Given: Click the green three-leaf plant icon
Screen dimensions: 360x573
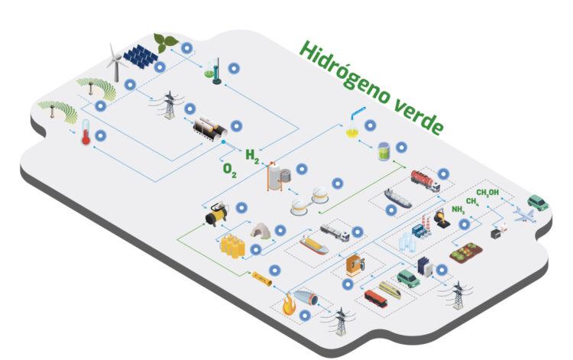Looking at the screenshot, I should [x=164, y=42].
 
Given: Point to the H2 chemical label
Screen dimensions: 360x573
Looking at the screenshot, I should [x=251, y=156].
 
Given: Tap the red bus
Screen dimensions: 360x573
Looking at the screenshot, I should [x=377, y=297].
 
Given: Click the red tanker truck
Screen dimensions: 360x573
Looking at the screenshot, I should [x=425, y=180].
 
